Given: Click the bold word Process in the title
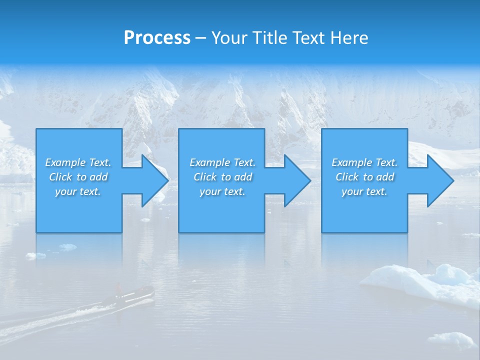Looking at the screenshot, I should (157, 38).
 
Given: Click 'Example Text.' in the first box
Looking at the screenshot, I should (78, 162).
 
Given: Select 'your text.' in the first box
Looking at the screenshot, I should (78, 191).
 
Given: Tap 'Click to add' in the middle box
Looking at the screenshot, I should (222, 177).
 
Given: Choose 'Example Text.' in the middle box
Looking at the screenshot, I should (222, 162).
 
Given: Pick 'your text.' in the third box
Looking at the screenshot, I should (364, 191).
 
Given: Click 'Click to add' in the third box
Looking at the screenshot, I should (364, 177).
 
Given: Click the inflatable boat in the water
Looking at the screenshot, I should (132, 296).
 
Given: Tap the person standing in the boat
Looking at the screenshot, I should (118, 288).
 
